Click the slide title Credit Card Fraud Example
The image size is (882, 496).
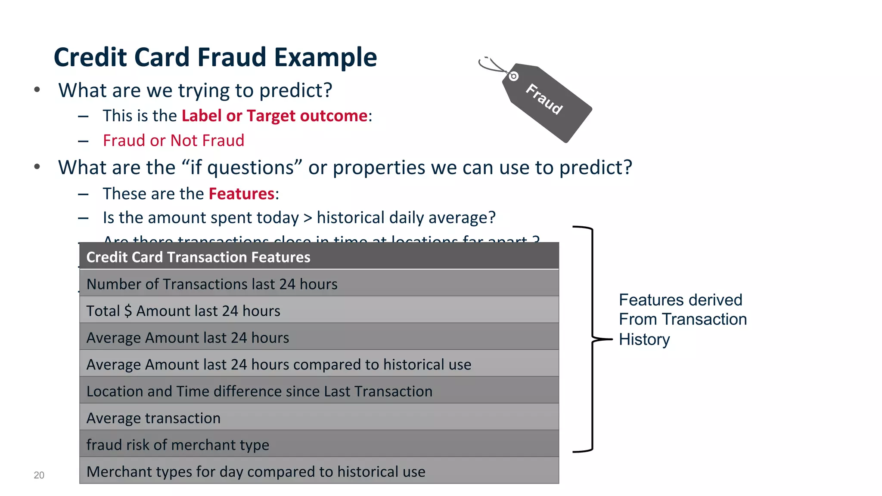point(215,58)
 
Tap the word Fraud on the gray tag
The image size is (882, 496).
point(544,99)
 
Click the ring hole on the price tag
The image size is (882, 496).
point(513,77)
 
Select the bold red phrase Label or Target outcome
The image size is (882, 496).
point(274,116)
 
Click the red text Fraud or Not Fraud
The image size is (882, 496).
point(173,141)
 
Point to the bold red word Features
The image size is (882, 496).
point(241,194)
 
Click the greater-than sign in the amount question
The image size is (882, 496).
point(307,218)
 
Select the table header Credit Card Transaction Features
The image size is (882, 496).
point(198,257)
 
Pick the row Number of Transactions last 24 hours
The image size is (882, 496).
point(211,284)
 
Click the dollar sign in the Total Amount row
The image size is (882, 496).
point(128,311)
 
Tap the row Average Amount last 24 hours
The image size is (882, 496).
point(187,338)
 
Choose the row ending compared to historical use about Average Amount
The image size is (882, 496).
point(278,365)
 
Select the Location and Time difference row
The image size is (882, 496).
point(259,391)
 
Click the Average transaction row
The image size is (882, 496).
point(153,418)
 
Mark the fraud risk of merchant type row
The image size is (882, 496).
point(177,445)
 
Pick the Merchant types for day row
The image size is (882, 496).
point(255,472)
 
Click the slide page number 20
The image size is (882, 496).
point(39,475)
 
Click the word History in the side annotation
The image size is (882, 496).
point(644,340)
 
